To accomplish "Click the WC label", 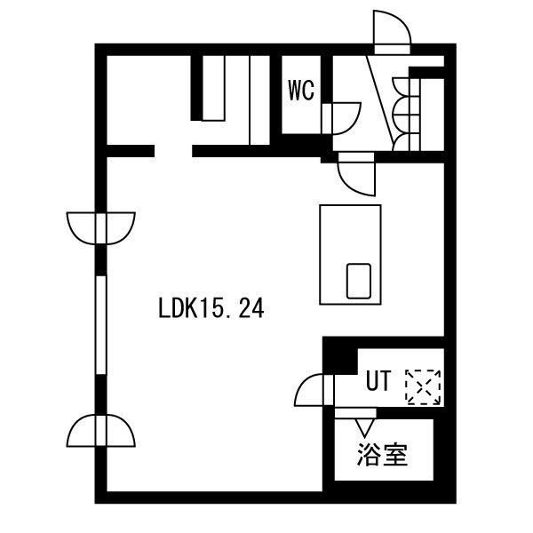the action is pos(301,91).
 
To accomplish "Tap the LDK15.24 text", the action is pos(211,308).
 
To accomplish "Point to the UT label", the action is pos(378,381).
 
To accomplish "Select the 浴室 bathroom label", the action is pos(382,455).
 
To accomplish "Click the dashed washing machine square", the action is pos(423,387).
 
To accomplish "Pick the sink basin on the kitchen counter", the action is pos(358,281).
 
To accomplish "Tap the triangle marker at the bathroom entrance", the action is pos(365,427).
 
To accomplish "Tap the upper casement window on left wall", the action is pos(101,228).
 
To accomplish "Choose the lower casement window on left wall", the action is pos(101,430).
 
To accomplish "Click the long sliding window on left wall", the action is pos(101,325).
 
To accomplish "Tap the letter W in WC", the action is pos(294,91).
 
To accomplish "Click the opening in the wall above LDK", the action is pos(173,151).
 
